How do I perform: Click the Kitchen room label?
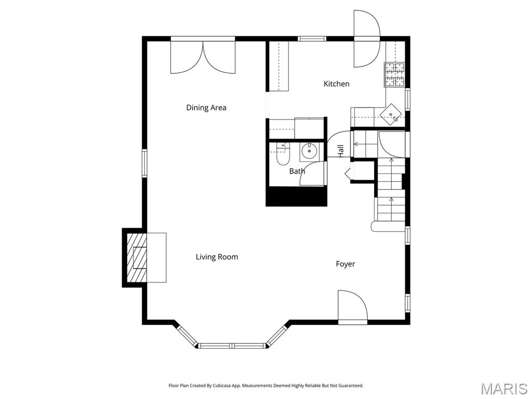click(x=337, y=84)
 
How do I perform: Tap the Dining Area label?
click(x=206, y=108)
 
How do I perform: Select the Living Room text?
click(x=217, y=257)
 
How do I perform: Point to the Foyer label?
click(x=345, y=264)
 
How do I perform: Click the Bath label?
click(x=297, y=171)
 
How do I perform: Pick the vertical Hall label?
click(x=341, y=151)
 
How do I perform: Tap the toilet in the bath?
click(x=282, y=154)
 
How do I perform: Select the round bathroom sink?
click(x=309, y=151)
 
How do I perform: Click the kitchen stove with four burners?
click(x=394, y=74)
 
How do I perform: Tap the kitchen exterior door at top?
click(x=366, y=39)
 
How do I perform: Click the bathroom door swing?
click(x=313, y=174)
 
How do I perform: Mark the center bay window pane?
click(x=232, y=345)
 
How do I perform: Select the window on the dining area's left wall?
click(x=144, y=163)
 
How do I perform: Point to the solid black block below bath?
click(x=296, y=196)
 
